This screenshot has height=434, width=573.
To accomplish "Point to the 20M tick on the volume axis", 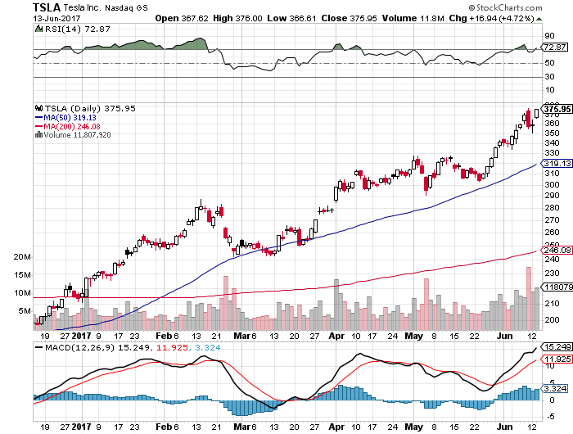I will (22, 257).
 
